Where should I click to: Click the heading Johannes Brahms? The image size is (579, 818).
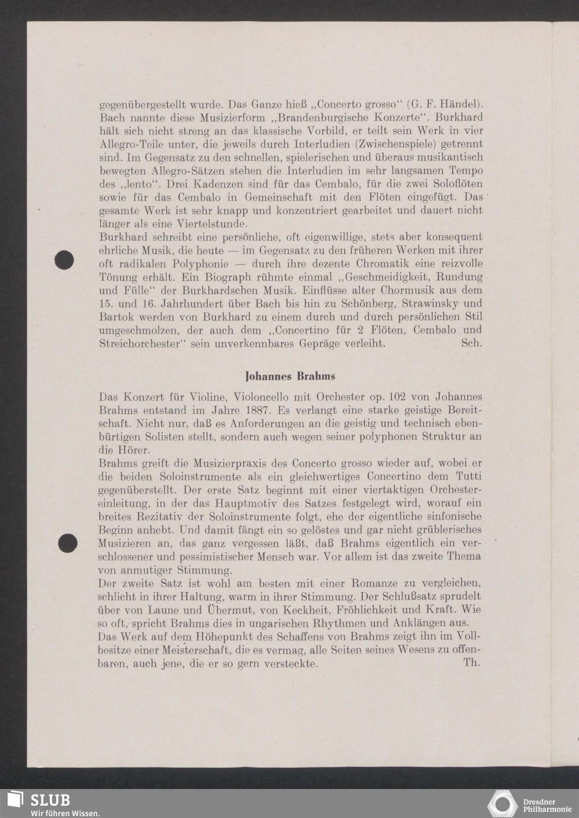290,376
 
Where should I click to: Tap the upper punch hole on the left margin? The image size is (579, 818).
64,260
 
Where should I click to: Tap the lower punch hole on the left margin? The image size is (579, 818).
68,543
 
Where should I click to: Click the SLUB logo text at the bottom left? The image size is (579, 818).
50,800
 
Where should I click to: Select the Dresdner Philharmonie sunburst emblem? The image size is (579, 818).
502,805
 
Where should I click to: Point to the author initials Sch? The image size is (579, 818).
471,343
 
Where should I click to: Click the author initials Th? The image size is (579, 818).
471,662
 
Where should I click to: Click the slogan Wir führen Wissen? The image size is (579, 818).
65,813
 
